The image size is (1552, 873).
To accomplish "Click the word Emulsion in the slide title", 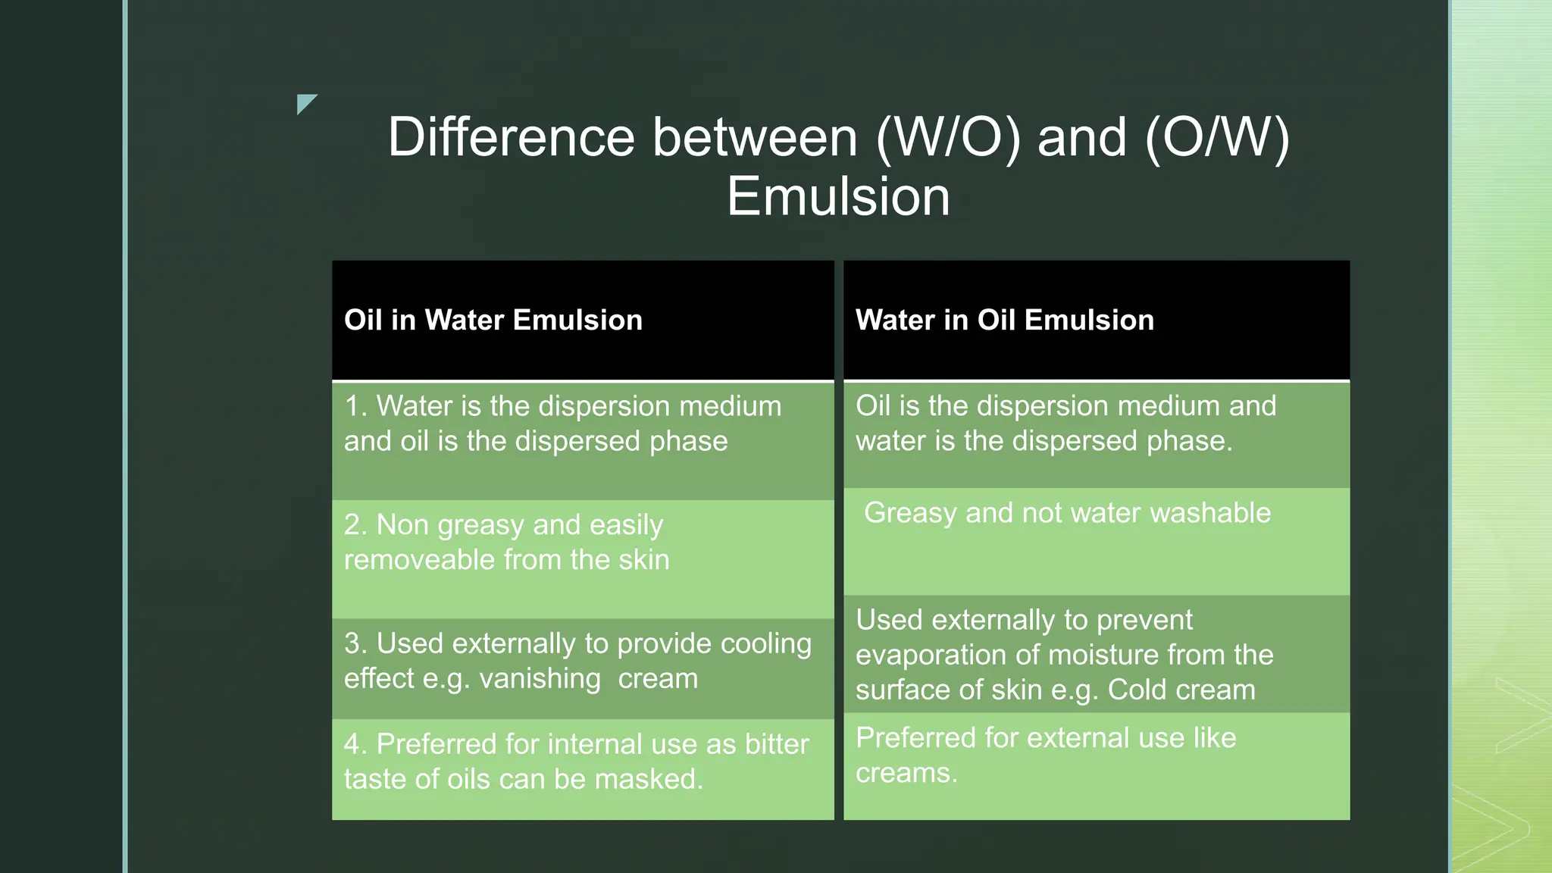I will pos(838,197).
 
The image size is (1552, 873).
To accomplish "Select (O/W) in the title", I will pos(1217,137).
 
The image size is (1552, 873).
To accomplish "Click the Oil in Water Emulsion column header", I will pos(493,321).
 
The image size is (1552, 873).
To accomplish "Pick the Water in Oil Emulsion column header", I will pos(1004,321).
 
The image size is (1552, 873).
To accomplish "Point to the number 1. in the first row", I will pos(355,407).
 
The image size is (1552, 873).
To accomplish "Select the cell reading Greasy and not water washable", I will pos(1067,514).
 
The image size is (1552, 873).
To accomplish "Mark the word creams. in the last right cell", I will pos(906,774).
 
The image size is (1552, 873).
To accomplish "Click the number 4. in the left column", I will pos(355,745).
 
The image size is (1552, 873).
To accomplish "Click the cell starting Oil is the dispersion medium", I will pos(1065,424).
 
